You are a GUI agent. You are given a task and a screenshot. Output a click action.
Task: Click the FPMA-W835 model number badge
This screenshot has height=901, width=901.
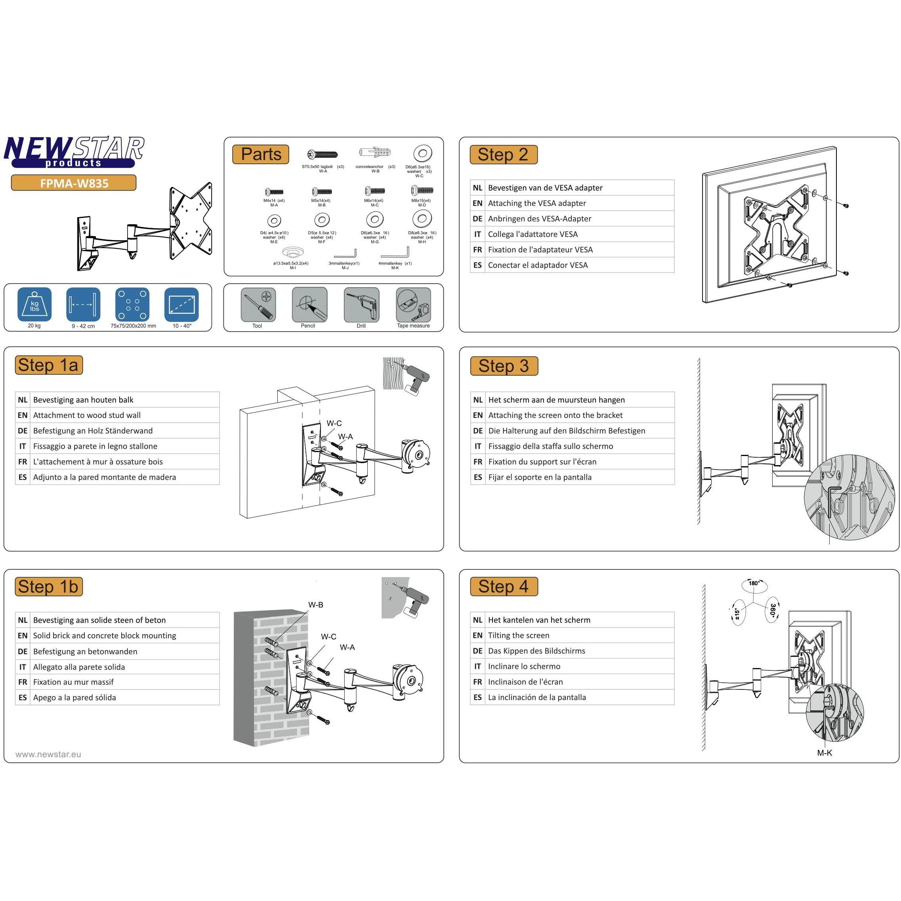tap(74, 183)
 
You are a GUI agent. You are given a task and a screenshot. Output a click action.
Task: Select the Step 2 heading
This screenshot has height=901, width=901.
tap(503, 155)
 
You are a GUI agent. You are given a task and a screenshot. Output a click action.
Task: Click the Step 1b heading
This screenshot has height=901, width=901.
tap(48, 587)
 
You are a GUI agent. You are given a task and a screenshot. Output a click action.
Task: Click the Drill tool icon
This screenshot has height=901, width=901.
tap(361, 305)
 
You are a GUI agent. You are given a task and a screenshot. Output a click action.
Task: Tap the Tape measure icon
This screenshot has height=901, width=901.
tap(413, 305)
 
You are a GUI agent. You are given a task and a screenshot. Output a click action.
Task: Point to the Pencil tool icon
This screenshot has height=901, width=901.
tap(309, 305)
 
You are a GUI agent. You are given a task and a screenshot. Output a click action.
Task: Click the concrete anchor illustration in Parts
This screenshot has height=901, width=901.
tap(375, 153)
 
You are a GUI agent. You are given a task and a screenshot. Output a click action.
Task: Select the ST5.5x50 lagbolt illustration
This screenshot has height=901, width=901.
tap(322, 155)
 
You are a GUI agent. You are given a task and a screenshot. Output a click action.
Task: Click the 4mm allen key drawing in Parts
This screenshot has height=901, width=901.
tap(395, 253)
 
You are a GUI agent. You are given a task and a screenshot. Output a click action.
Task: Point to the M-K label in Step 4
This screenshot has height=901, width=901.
tap(824, 753)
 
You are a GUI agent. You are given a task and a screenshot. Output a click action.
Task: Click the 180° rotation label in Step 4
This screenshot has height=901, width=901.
tap(754, 583)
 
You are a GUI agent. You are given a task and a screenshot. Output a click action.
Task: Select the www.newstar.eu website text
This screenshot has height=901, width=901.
tap(48, 754)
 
